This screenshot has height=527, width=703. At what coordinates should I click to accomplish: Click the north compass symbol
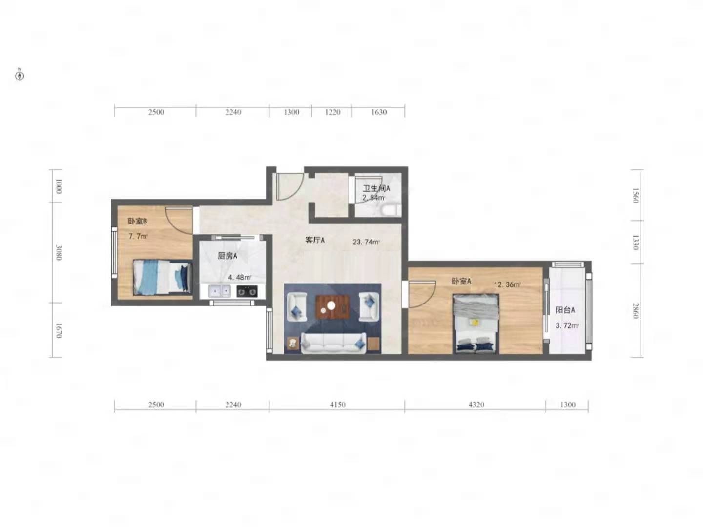click(x=20, y=76)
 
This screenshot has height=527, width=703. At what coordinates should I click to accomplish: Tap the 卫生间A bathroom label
click(x=376, y=188)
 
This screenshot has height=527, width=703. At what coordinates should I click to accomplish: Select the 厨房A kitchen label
click(x=227, y=256)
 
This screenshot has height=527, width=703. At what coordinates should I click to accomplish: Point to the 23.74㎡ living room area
click(x=366, y=242)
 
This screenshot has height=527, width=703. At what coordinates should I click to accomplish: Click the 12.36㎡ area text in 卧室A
click(x=507, y=284)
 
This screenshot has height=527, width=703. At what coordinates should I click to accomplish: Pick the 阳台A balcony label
click(x=565, y=310)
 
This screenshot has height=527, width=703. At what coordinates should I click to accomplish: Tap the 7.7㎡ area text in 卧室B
click(x=138, y=237)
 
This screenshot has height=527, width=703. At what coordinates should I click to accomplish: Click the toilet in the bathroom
click(x=390, y=210)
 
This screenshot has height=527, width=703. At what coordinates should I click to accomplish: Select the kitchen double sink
click(x=219, y=291)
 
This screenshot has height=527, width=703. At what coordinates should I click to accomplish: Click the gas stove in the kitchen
click(x=247, y=291)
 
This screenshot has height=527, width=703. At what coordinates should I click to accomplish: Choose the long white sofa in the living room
click(x=333, y=343)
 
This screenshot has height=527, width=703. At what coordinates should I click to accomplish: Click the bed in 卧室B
click(x=163, y=277)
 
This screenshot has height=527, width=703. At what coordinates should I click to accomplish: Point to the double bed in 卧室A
click(x=476, y=324)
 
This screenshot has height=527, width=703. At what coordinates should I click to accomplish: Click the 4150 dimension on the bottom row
click(x=337, y=405)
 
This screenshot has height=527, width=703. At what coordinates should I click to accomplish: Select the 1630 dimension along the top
click(x=379, y=112)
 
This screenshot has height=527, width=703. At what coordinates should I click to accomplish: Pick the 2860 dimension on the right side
click(x=636, y=310)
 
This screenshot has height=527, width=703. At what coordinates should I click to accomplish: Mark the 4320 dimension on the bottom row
click(x=476, y=405)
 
